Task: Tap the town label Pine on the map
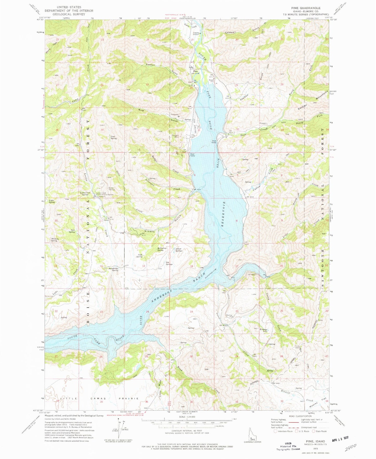click(x=195, y=71)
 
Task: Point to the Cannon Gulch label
click(x=161, y=69)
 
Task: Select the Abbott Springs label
click(x=179, y=249)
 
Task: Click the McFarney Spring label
click(x=162, y=249)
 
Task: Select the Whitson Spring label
click(x=54, y=240)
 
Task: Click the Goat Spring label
click(x=113, y=137)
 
